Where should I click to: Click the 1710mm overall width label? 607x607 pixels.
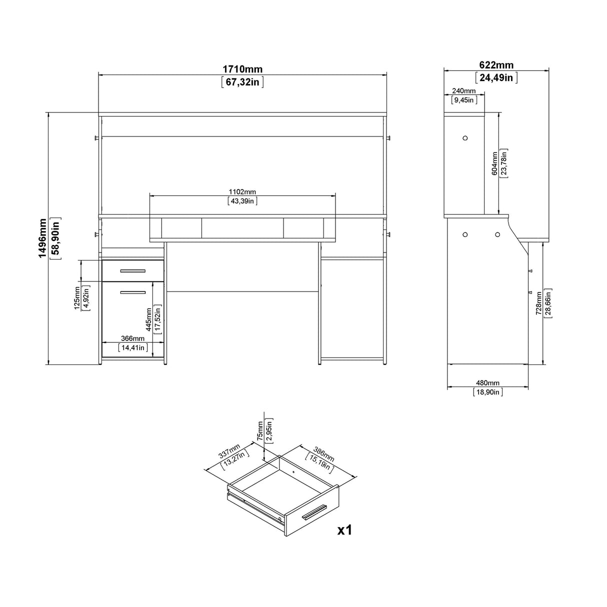pos(242,69)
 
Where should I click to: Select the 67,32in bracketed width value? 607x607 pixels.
pos(242,82)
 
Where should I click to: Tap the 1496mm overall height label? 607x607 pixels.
pos(43,238)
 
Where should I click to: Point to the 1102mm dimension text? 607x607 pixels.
pos(242,192)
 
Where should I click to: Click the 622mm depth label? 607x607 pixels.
pos(496,65)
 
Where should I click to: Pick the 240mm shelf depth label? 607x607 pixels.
pos(464,91)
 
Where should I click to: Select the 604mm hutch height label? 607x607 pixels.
pos(494,163)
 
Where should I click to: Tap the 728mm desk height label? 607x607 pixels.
pos(538,303)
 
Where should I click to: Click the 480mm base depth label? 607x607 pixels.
pos(487,382)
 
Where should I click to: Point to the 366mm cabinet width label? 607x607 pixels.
pos(132,338)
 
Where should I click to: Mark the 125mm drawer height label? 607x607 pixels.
pos(77,298)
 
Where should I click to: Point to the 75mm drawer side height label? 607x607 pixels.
pos(260,429)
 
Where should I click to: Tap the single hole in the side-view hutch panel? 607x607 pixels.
pos(464,138)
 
